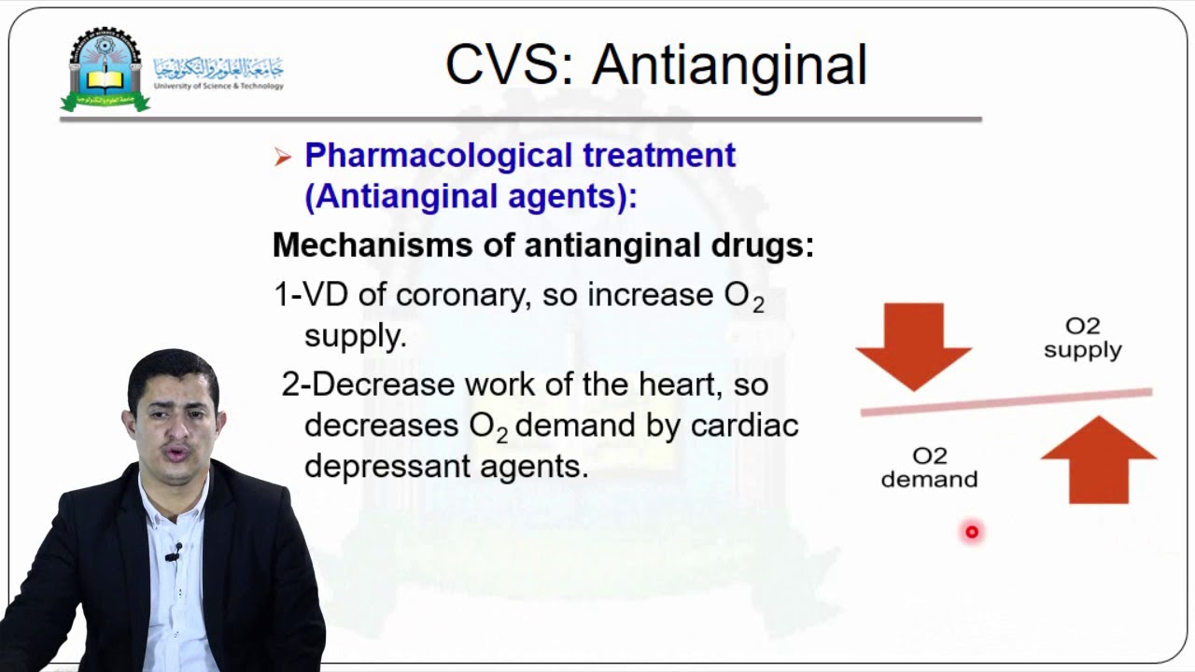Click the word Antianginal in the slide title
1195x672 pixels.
tap(729, 65)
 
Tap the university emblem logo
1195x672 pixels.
tap(105, 70)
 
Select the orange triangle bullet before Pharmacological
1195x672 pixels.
tap(283, 158)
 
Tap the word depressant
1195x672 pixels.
tap(387, 466)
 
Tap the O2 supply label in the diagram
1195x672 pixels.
tap(1082, 338)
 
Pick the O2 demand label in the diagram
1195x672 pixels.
tap(929, 468)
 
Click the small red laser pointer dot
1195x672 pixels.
tap(972, 532)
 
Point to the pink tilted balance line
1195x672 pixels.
tap(1005, 401)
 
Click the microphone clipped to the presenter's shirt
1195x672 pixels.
tap(173, 553)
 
